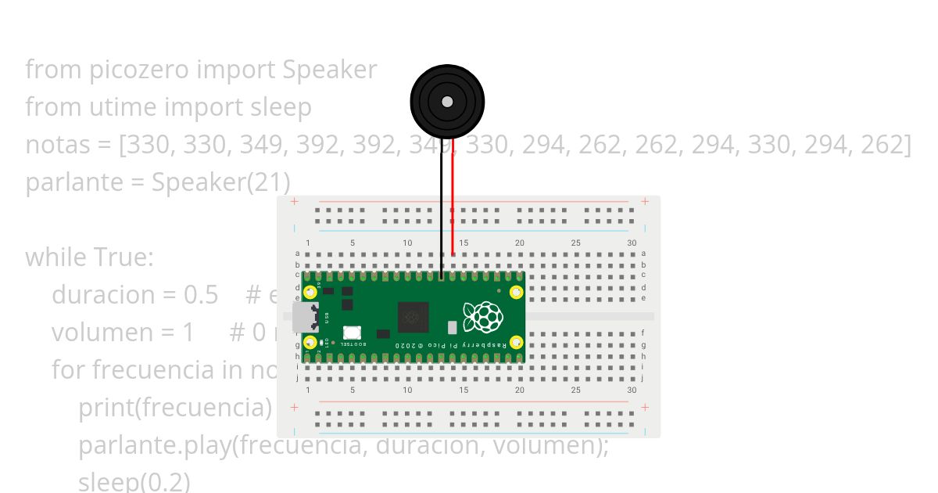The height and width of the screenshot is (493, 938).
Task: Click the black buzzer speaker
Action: point(447,102)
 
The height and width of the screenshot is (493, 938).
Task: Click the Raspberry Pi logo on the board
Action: point(482,317)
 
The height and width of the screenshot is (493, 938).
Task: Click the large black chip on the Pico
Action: point(413,317)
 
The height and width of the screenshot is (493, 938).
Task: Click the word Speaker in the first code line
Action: point(329,70)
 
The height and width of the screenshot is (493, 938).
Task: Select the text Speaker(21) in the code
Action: point(220,182)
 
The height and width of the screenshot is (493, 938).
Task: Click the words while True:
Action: point(90,257)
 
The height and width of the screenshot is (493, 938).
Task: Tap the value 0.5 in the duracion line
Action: point(201,295)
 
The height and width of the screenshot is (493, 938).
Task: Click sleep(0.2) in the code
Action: point(134,481)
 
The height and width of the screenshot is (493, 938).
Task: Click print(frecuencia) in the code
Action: point(174,408)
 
